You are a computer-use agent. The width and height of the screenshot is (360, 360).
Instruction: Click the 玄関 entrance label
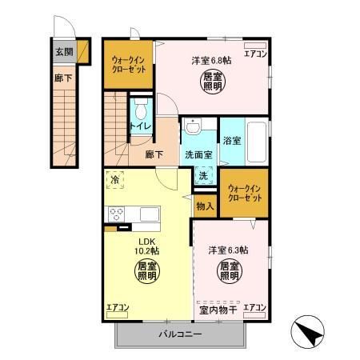pos(64,51)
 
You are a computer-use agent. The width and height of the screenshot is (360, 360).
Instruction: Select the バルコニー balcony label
pos(179,333)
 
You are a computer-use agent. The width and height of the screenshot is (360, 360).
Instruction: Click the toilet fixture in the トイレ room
pos(142,109)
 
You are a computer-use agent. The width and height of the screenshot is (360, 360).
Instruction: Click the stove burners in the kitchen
pos(115,214)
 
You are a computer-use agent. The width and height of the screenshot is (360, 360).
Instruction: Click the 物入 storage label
pos(205,206)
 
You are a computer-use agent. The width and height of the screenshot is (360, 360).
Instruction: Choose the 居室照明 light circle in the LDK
pos(146,270)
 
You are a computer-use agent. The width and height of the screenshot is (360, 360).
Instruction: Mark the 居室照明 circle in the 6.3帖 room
pos(230,270)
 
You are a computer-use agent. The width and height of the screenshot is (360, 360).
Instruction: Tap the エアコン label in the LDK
pos(117,306)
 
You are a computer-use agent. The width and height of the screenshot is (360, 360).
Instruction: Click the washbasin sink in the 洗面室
pos(193,127)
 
